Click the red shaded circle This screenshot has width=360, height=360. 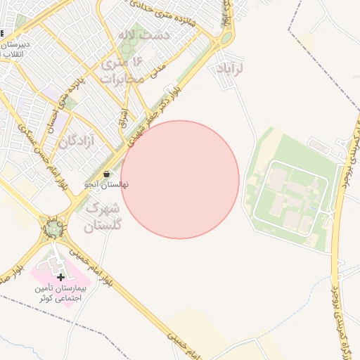click(180, 179)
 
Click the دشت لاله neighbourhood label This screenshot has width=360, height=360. click(146, 34)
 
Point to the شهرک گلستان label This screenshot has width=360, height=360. click(103, 217)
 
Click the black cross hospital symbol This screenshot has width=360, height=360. click(61, 277)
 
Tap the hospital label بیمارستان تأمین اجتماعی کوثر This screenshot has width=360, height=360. click(61, 293)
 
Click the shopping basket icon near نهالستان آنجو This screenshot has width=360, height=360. click(106, 174)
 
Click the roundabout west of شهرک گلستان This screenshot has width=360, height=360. click(54, 229)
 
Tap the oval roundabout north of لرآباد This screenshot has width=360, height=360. click(226, 38)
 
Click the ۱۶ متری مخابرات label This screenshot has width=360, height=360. click(122, 70)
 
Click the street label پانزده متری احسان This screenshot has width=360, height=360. click(63, 96)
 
